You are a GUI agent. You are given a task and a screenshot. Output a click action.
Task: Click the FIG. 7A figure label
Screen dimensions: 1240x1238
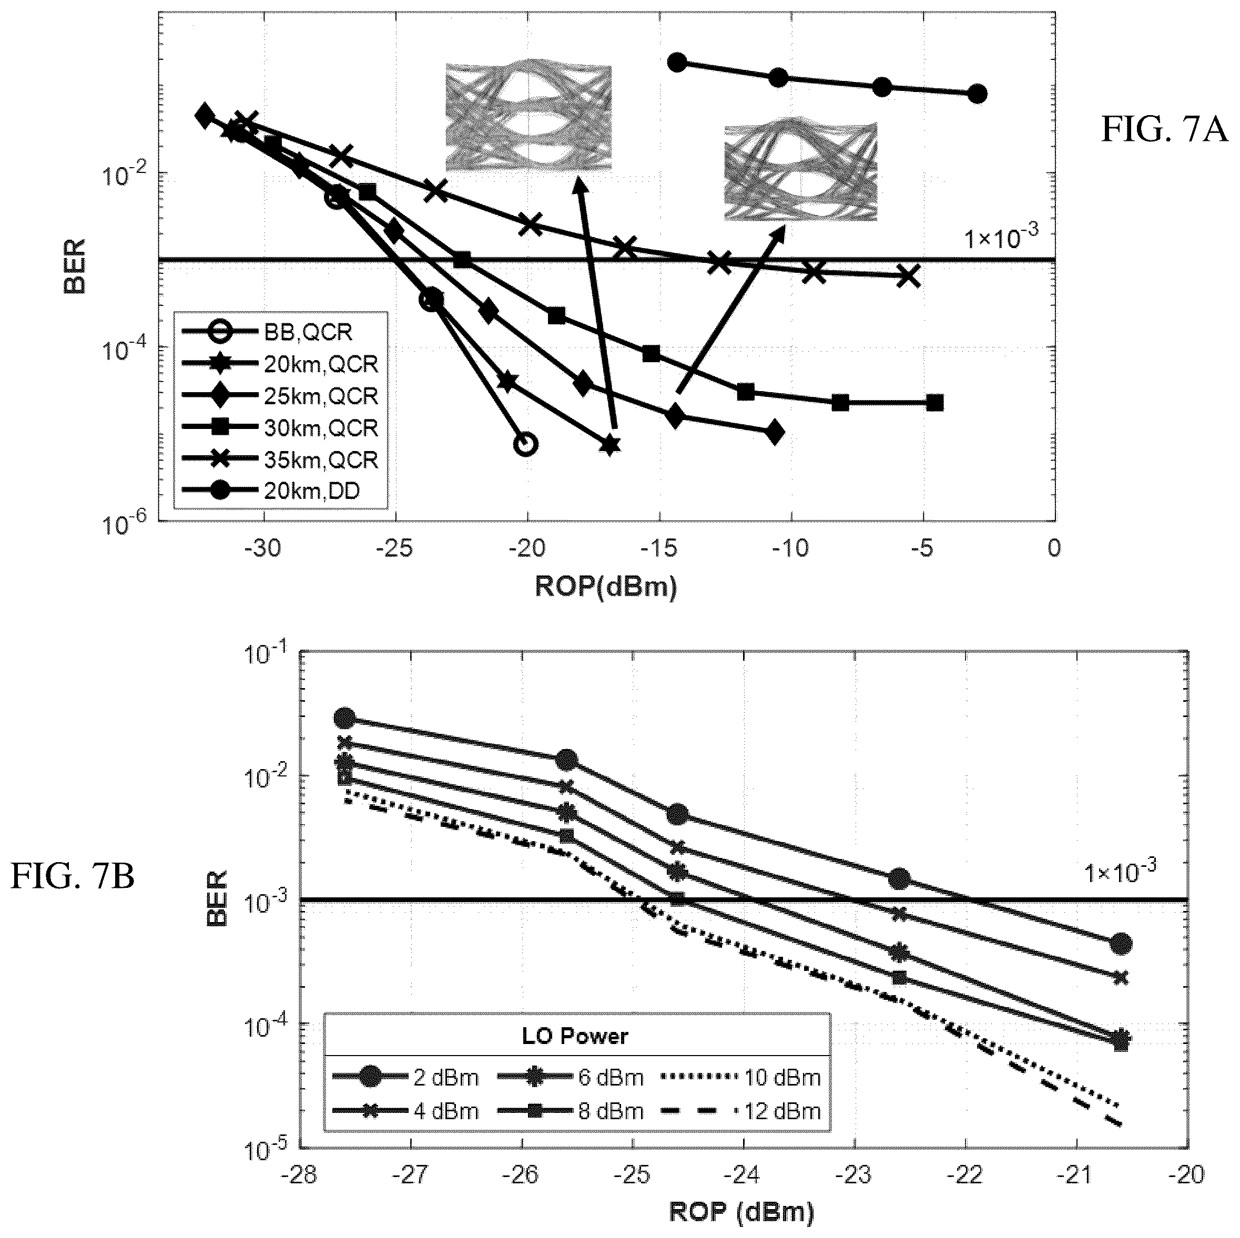[1164, 130]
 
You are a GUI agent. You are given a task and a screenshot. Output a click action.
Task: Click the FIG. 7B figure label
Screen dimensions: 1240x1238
[73, 876]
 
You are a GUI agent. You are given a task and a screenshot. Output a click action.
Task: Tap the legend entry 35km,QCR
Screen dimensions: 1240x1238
[280, 459]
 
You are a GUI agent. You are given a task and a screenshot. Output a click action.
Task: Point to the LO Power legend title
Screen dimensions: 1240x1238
[575, 1036]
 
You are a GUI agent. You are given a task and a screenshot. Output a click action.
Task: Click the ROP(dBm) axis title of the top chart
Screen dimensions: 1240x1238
[606, 587]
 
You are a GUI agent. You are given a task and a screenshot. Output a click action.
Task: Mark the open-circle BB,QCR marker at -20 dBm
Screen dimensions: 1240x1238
[526, 444]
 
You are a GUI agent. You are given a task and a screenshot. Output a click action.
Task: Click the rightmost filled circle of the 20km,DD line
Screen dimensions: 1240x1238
[977, 94]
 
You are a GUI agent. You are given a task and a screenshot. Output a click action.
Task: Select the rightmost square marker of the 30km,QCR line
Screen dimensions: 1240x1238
[935, 403]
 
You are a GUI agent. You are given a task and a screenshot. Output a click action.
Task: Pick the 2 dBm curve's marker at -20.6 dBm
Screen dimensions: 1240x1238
[1121, 943]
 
